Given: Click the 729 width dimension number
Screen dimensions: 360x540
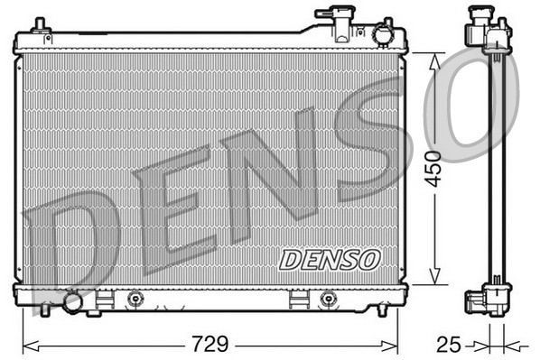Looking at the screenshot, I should tap(209, 344).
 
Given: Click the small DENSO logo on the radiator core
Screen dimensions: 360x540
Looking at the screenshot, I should tap(330, 259).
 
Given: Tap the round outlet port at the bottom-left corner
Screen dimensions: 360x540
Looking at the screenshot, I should tap(73, 303).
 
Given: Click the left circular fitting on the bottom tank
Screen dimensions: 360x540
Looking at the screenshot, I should tap(135, 300).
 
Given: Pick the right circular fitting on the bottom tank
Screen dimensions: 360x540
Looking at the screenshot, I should tap(327, 300).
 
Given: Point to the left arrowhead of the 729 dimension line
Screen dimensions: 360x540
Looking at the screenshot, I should tap(27, 344).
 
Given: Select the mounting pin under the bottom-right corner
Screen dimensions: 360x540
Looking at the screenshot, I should tap(382, 310).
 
